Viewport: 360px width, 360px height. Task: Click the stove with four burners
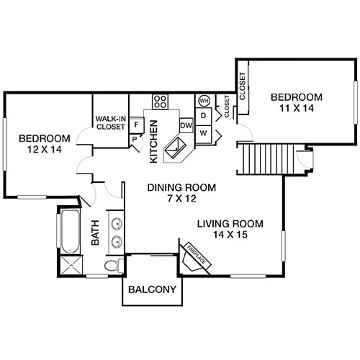pyautogui.click(x=160, y=102)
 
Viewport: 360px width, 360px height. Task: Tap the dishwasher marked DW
pyautogui.click(x=186, y=125)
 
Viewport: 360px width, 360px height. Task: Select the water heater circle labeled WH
pyautogui.click(x=204, y=101)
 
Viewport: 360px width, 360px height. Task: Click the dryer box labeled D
pyautogui.click(x=204, y=115)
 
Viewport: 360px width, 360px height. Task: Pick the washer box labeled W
pyautogui.click(x=204, y=133)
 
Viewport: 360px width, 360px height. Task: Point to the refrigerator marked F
pyautogui.click(x=136, y=125)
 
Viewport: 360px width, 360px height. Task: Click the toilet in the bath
pyautogui.click(x=112, y=267)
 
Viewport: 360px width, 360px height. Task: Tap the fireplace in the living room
pyautogui.click(x=195, y=258)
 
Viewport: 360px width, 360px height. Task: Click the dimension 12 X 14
pyautogui.click(x=44, y=150)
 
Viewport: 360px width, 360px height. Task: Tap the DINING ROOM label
pyautogui.click(x=171, y=187)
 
